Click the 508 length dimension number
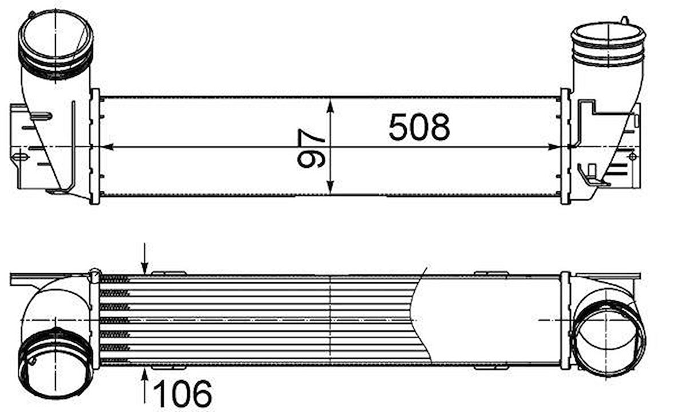click(x=419, y=127)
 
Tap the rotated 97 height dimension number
click(x=311, y=149)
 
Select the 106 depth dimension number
click(x=182, y=393)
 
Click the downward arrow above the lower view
click(x=145, y=258)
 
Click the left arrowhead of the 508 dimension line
click(x=107, y=147)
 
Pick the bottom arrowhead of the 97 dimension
click(x=330, y=187)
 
